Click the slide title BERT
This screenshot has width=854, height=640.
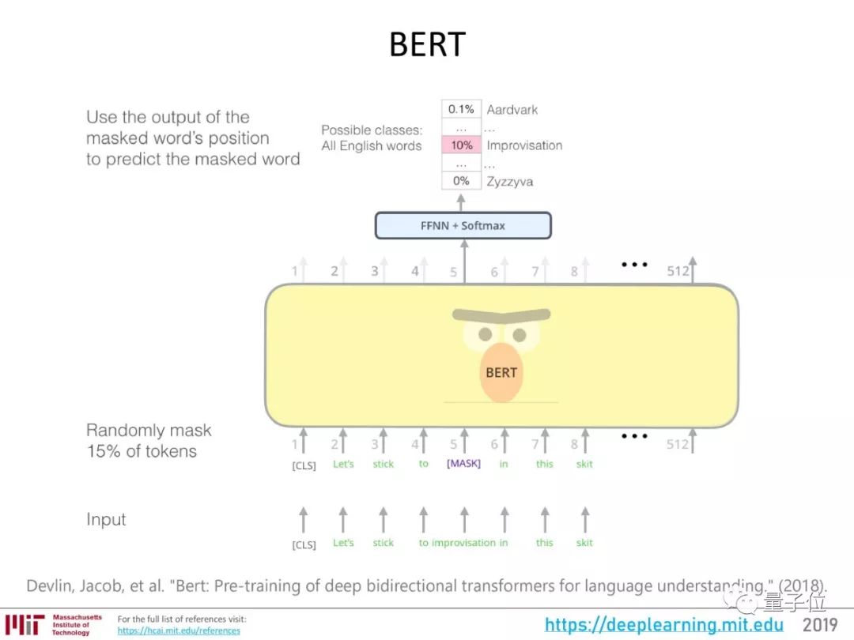tap(427, 45)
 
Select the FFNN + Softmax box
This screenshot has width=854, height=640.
tap(463, 225)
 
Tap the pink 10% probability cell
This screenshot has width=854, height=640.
tap(461, 145)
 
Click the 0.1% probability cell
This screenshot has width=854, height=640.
tap(461, 109)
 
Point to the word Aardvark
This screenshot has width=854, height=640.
tap(512, 109)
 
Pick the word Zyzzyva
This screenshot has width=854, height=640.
tap(510, 182)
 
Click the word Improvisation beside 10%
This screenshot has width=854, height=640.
tap(524, 145)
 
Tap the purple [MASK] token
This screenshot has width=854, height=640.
tap(463, 464)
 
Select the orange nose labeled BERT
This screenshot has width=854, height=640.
tap(501, 372)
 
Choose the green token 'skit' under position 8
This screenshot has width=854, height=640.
tap(584, 464)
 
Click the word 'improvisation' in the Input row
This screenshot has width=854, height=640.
tap(463, 543)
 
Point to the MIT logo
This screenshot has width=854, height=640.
tap(25, 625)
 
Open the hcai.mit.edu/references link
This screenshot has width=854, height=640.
tap(179, 631)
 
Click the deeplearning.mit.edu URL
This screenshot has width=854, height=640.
tap(664, 625)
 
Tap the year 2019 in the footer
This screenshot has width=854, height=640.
tap(820, 625)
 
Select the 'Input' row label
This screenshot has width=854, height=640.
tap(106, 519)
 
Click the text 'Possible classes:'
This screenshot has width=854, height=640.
tap(372, 130)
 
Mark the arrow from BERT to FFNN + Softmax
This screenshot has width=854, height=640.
tap(463, 261)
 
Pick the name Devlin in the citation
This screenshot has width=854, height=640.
tap(49, 586)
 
